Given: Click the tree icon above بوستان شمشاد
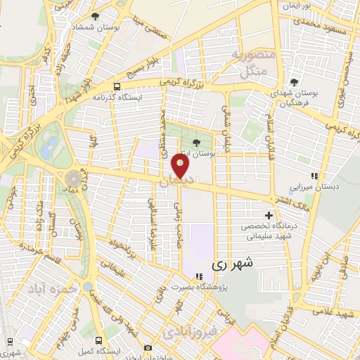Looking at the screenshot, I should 96,15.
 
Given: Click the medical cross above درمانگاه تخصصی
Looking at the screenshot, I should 268,215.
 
